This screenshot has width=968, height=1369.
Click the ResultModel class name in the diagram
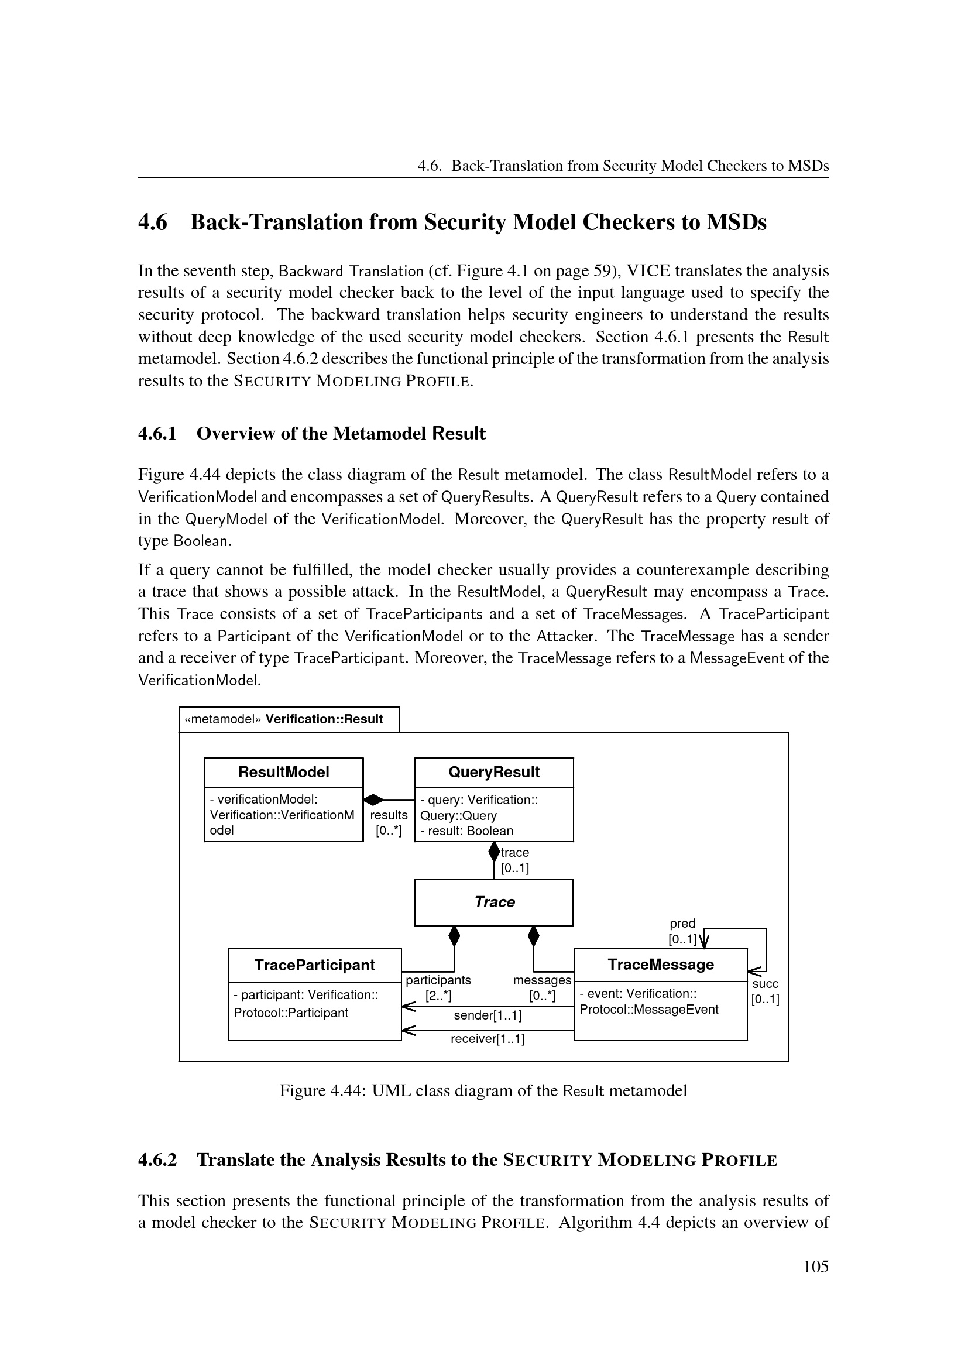(284, 772)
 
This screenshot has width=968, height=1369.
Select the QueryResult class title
(493, 772)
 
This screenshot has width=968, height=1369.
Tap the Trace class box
(494, 902)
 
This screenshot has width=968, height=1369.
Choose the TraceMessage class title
(660, 964)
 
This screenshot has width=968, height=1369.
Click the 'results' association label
(389, 815)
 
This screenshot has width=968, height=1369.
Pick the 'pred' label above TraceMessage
(682, 924)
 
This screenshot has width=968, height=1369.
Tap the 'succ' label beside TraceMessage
(766, 984)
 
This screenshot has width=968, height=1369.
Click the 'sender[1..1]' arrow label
(488, 1015)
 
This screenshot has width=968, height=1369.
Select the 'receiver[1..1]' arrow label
(488, 1039)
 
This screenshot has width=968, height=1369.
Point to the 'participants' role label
(438, 980)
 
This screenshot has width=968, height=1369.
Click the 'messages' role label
(542, 980)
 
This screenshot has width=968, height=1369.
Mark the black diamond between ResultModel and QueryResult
(374, 800)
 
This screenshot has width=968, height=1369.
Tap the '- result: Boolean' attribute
(466, 831)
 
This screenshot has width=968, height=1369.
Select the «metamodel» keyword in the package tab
(223, 719)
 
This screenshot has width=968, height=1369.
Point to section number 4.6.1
(157, 434)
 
